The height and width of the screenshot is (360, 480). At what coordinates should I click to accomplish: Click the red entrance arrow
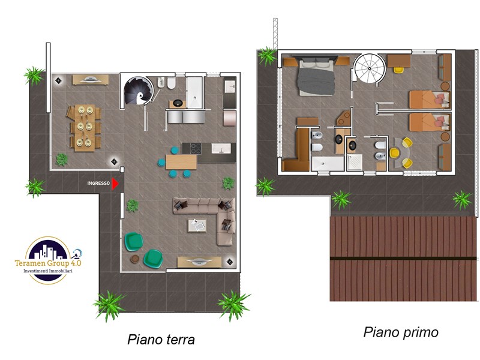click(x=115, y=184)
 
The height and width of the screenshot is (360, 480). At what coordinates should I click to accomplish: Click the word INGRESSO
click(x=98, y=184)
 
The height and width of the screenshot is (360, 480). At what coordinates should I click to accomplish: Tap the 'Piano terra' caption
click(x=161, y=340)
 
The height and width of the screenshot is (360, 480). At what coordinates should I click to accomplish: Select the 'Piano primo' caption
click(x=401, y=332)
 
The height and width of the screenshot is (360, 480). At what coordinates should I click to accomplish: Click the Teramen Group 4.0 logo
click(x=49, y=260)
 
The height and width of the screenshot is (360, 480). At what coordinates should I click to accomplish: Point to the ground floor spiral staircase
click(x=139, y=91)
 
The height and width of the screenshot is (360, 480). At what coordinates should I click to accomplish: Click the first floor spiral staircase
click(x=370, y=68)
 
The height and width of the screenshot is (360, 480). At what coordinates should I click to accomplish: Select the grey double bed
click(x=316, y=77)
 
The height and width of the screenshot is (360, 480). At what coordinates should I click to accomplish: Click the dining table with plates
click(x=84, y=128)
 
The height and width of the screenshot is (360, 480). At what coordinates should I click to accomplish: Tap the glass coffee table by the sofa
click(x=197, y=226)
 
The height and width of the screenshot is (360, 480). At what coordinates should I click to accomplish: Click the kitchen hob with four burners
click(x=196, y=148)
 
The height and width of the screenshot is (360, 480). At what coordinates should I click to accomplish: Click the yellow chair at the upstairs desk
click(x=398, y=70)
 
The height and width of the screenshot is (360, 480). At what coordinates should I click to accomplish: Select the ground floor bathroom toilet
click(x=171, y=83)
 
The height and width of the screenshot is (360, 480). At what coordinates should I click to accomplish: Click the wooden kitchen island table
click(x=181, y=162)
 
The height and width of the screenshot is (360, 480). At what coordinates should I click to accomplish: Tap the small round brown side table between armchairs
click(x=134, y=259)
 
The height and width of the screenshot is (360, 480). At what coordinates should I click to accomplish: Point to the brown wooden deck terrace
click(x=403, y=259)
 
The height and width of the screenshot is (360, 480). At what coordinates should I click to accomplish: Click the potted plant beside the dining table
click(x=62, y=160)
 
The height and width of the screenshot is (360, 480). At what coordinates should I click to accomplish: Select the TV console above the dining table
click(x=91, y=80)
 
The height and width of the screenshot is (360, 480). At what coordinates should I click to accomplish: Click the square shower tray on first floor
click(x=355, y=162)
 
